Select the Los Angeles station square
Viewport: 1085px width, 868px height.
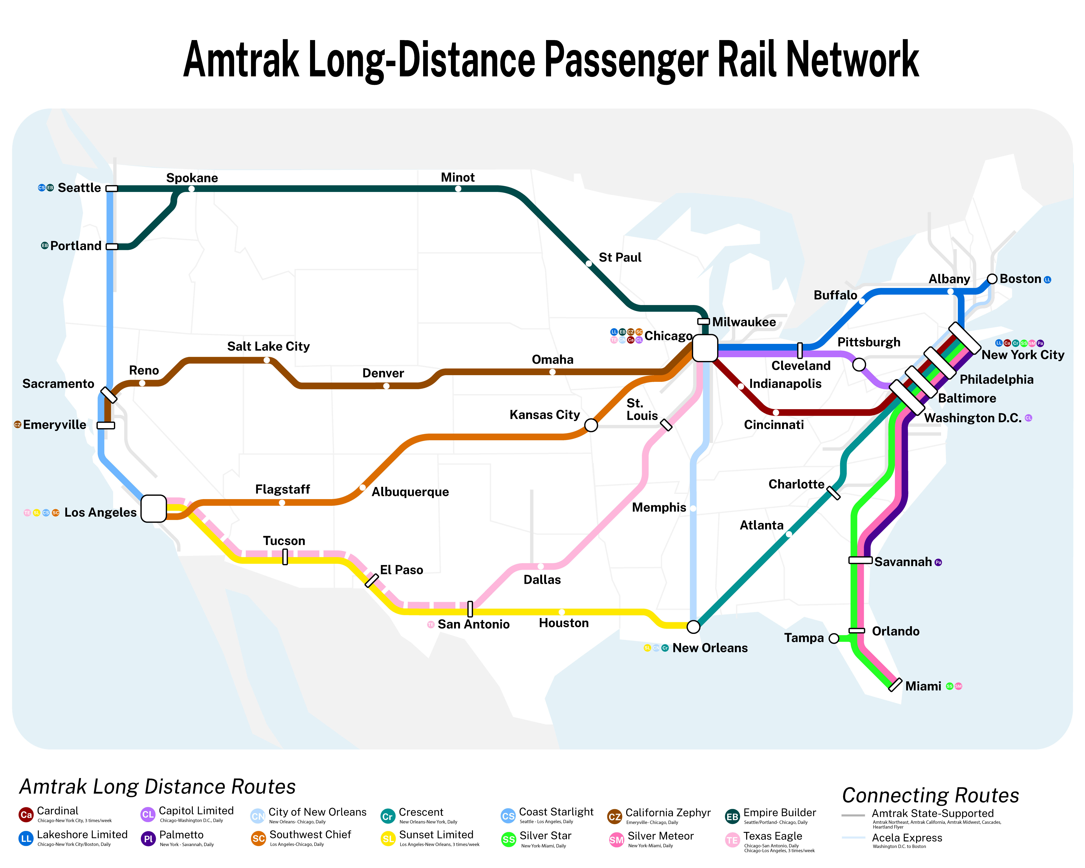click(154, 509)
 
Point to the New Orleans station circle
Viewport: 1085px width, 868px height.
click(694, 626)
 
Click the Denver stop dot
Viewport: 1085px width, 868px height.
click(386, 386)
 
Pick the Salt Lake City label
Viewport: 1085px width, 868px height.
click(268, 346)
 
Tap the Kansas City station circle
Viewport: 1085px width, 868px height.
click(591, 425)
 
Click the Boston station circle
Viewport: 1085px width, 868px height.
click(992, 279)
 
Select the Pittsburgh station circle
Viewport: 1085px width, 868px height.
click(859, 364)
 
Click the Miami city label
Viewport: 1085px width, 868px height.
click(923, 686)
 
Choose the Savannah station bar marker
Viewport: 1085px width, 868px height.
click(860, 560)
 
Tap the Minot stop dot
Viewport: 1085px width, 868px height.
click(458, 189)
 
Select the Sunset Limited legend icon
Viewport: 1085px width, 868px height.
click(388, 839)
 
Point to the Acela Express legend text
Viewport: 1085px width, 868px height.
click(907, 838)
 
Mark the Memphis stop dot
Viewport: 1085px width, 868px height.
click(693, 508)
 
